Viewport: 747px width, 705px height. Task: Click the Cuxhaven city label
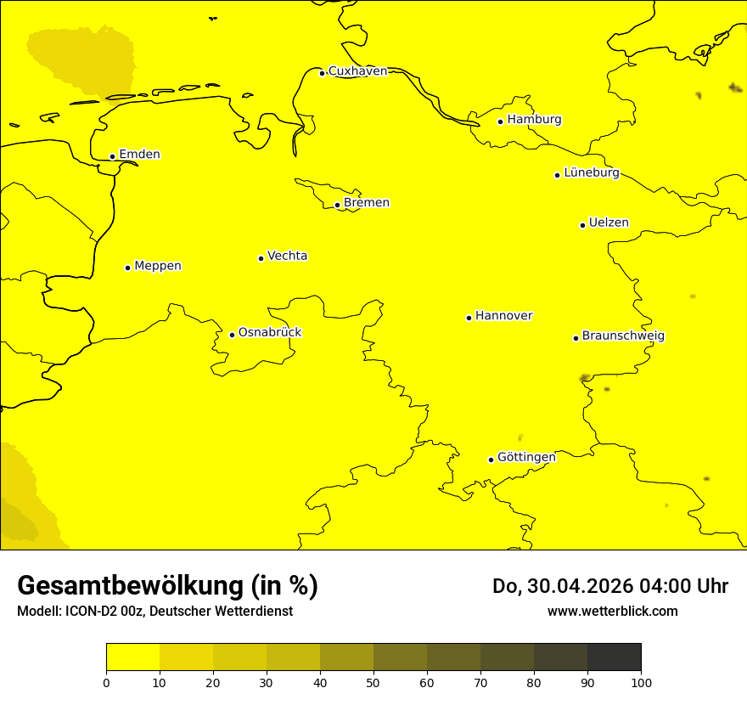point(357,71)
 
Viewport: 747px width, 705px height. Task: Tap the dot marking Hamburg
point(501,121)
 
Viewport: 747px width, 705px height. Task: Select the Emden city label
point(139,155)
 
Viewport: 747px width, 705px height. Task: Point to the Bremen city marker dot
point(337,205)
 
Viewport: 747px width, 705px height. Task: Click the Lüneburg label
point(591,173)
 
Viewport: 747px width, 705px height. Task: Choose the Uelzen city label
point(609,223)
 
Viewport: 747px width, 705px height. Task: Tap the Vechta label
point(287,256)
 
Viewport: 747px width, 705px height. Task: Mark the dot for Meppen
point(127,268)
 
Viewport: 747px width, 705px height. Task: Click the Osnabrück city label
point(270,333)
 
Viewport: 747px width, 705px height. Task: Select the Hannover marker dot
point(469,318)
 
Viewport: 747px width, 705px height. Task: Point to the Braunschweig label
point(623,336)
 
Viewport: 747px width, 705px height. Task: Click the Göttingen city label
point(526,458)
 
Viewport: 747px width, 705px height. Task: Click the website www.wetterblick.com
point(612,612)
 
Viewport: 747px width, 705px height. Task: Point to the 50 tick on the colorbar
point(373,682)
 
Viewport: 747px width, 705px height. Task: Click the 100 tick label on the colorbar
point(641,682)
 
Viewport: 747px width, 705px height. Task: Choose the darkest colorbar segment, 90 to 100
point(614,657)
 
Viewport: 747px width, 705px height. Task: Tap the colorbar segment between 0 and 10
point(132,657)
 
